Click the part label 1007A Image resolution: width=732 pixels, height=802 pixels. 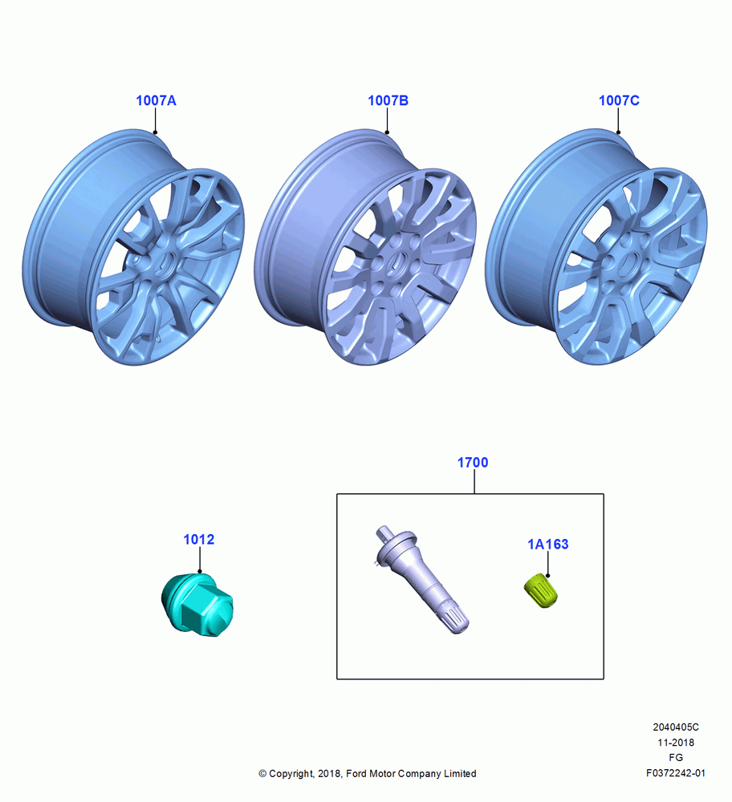point(157,100)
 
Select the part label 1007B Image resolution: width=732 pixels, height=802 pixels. point(388,100)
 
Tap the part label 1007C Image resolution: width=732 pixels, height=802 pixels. point(619,100)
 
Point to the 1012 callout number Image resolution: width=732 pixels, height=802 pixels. point(198,539)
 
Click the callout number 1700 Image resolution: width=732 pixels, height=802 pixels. point(473,463)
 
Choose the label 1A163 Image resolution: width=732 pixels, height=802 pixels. point(547,545)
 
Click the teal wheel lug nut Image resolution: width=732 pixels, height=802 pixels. point(197,605)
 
